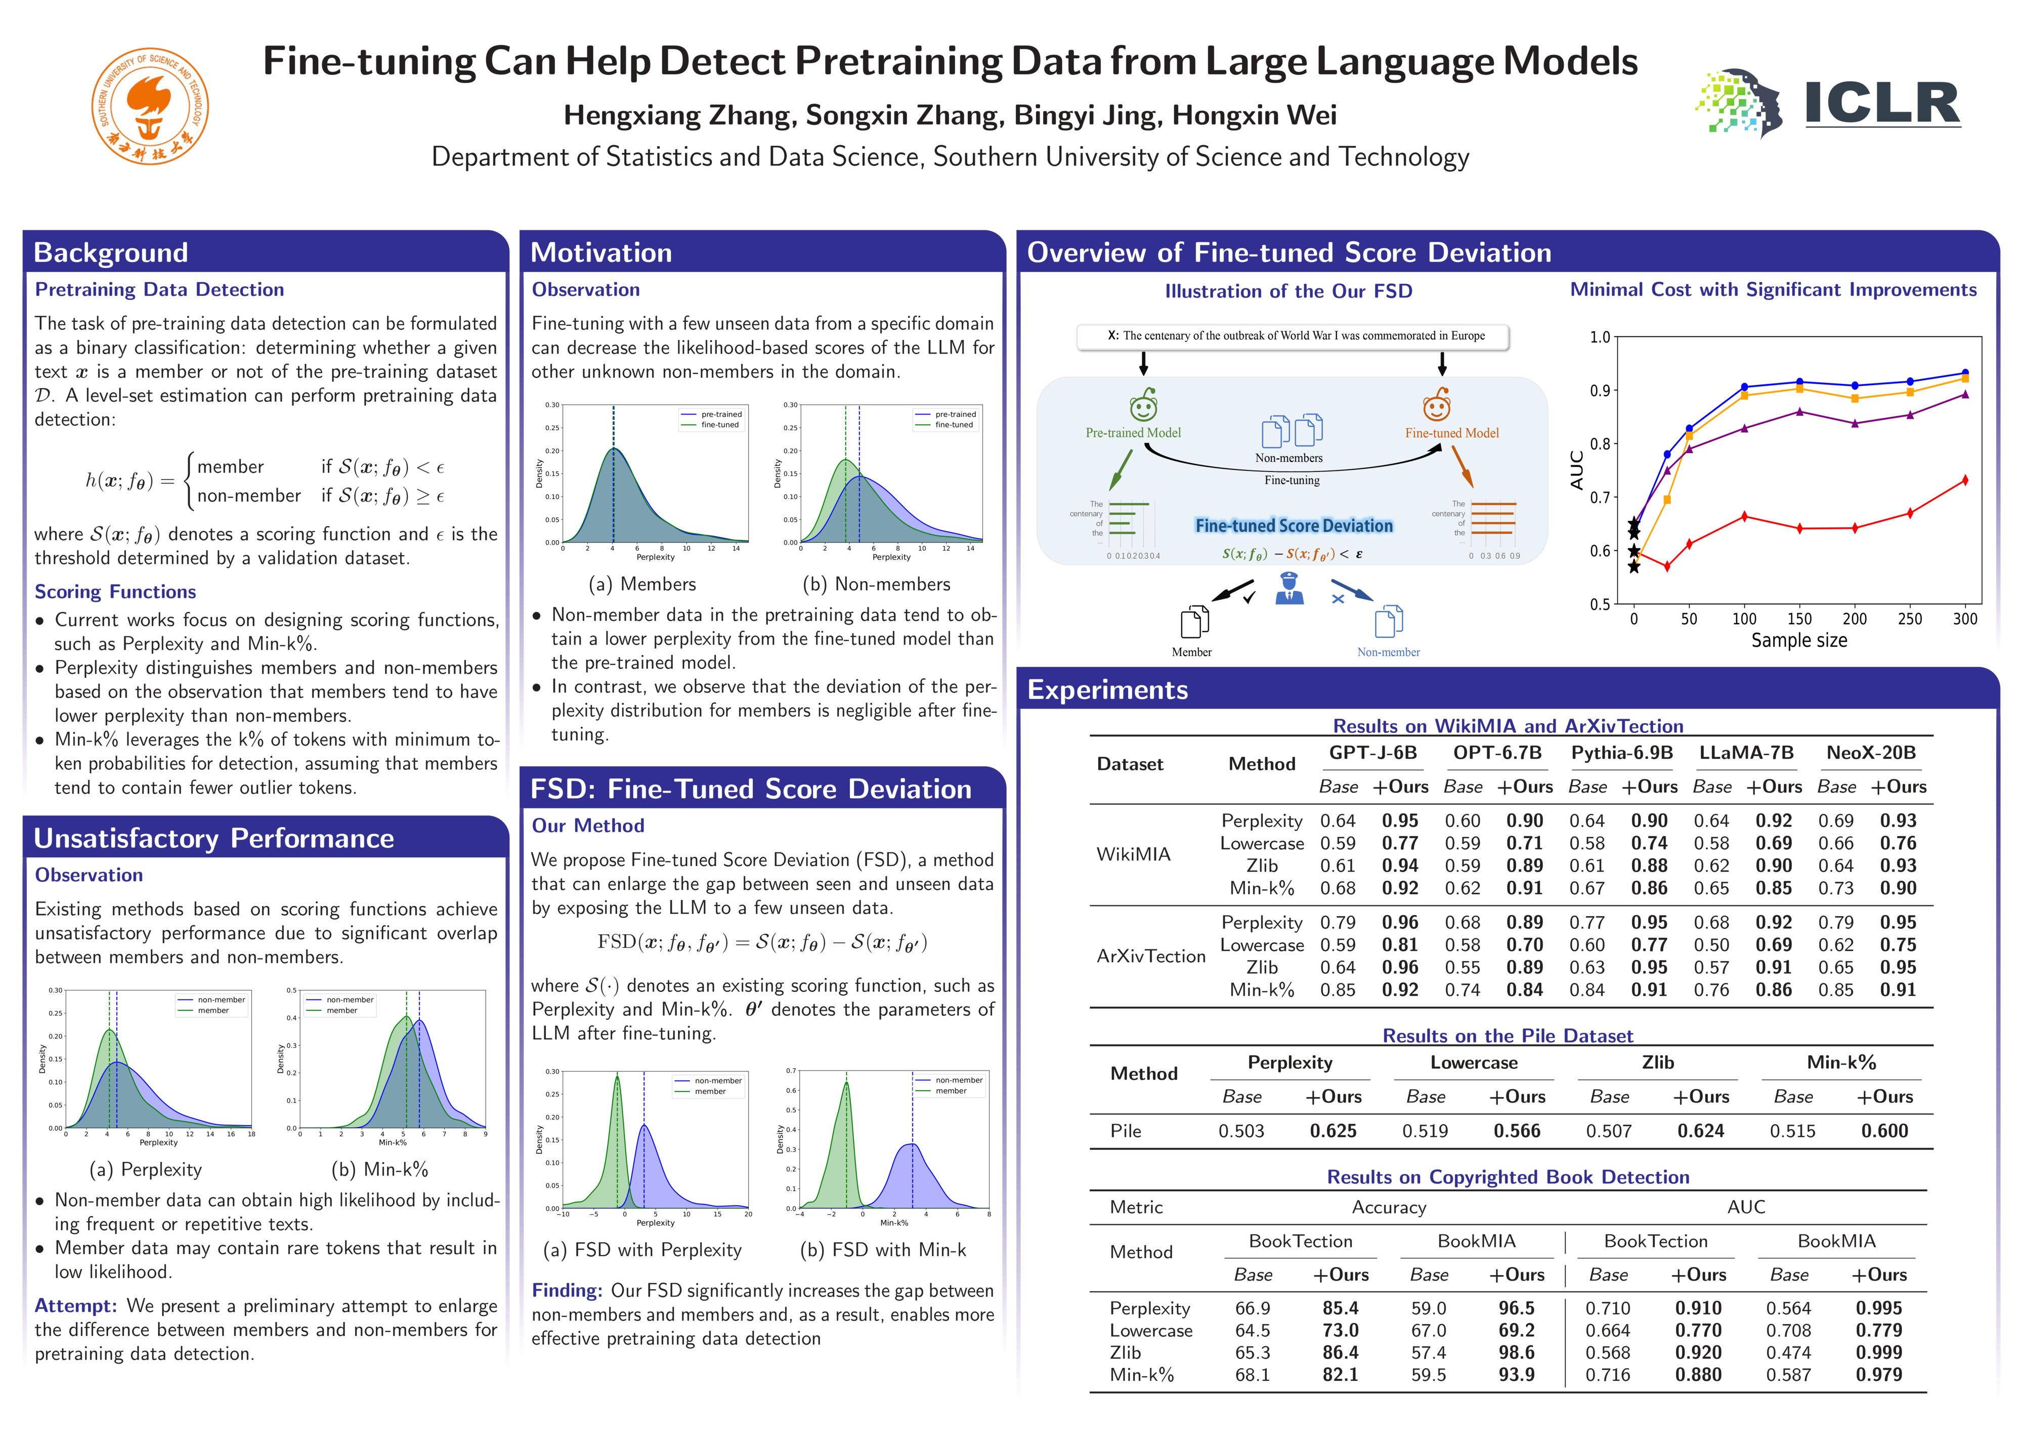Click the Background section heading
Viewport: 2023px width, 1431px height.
pos(111,253)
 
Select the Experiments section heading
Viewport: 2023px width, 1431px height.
pos(1107,690)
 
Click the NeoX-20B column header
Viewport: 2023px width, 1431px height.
pos(1871,753)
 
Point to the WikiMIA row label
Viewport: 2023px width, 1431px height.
pos(1133,854)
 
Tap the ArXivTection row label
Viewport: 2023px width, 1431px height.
pos(1151,956)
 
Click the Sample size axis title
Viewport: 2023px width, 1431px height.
pos(1798,640)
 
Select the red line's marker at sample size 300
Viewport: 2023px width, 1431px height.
pos(1965,480)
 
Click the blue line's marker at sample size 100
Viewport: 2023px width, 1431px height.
pos(1745,387)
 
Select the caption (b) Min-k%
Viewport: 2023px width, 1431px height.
pos(380,1169)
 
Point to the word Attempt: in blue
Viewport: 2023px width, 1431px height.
pos(76,1306)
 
